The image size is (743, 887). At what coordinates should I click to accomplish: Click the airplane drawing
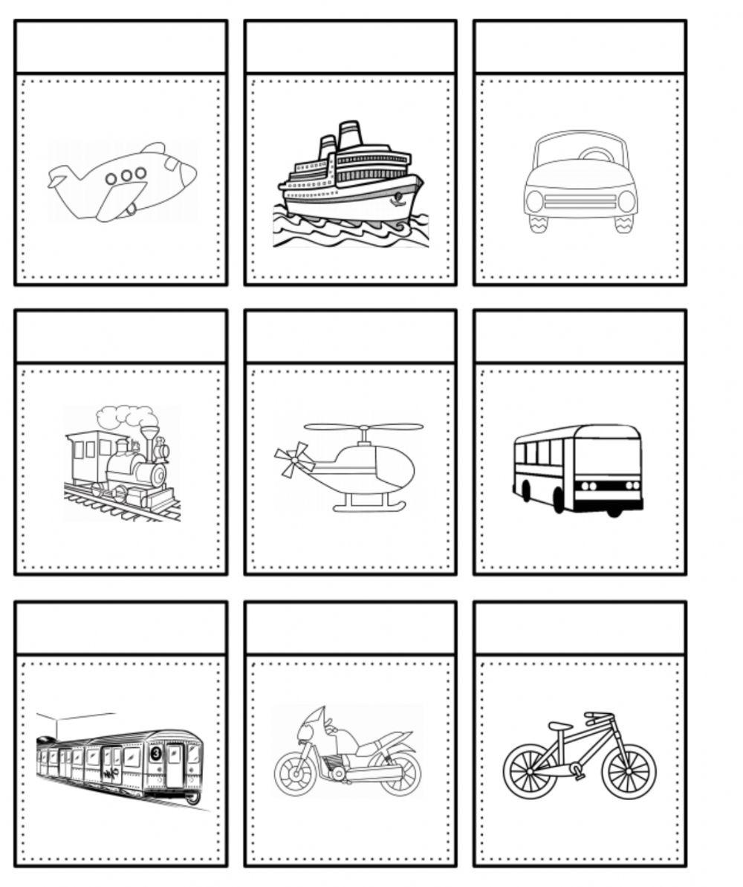(123, 182)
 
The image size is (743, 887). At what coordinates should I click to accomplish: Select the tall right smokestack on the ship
(349, 137)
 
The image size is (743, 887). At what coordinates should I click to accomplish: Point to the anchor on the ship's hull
(397, 198)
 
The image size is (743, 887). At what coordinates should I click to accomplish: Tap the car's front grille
(580, 201)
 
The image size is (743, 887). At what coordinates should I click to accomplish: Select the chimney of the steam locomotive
(151, 443)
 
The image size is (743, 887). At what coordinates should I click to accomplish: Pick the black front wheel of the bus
(559, 501)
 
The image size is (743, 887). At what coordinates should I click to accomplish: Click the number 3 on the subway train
(155, 753)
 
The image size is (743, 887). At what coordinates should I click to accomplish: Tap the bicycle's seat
(559, 726)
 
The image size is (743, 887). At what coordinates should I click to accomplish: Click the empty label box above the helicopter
(350, 337)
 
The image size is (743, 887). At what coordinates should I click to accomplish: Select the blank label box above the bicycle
(580, 628)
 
